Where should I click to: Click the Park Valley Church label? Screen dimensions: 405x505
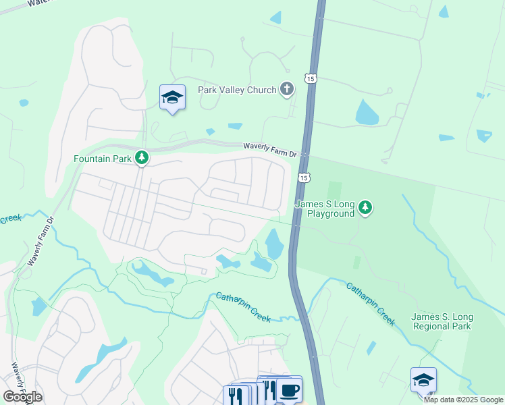tap(236, 90)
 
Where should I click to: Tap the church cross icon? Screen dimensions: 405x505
tap(287, 89)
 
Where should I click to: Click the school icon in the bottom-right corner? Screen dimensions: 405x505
tap(423, 380)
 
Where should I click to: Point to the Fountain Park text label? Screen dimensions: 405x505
tap(103, 159)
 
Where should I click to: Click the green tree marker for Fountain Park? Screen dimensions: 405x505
tap(142, 158)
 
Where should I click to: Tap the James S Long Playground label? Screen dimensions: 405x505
tap(325, 209)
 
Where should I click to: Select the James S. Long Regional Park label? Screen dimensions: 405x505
tap(442, 322)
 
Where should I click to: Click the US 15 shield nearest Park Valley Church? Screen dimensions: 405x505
tap(310, 78)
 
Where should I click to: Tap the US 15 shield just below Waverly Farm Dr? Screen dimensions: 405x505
tap(304, 178)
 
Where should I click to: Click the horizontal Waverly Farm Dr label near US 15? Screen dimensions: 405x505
tap(270, 150)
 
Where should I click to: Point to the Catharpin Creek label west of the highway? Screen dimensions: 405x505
tap(243, 307)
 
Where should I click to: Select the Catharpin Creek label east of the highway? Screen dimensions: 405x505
tap(371, 304)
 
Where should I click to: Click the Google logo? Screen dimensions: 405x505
tap(22, 396)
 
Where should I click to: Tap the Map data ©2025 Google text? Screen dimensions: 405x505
tap(463, 400)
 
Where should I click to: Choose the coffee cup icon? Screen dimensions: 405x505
tap(289, 390)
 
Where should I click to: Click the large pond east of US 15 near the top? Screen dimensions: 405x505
tap(367, 113)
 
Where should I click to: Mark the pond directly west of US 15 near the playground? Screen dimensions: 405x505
tap(275, 244)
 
